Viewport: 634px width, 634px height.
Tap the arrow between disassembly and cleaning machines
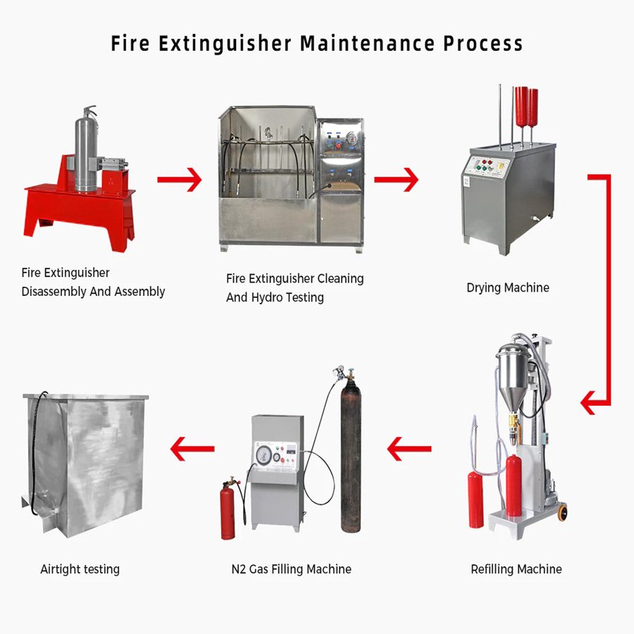coord(179,180)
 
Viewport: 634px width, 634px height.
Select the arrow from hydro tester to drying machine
coord(396,180)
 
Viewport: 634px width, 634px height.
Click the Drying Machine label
coord(507,287)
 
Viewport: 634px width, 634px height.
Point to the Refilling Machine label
coord(516,569)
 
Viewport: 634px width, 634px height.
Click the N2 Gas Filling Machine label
coord(291,569)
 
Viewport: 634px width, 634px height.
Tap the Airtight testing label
coord(80,569)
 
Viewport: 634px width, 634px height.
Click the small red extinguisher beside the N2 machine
coord(228,511)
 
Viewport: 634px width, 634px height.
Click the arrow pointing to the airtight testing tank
coord(192,447)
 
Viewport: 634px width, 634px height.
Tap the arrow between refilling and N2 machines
coord(409,447)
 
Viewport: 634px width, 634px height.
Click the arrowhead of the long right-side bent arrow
coord(590,404)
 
